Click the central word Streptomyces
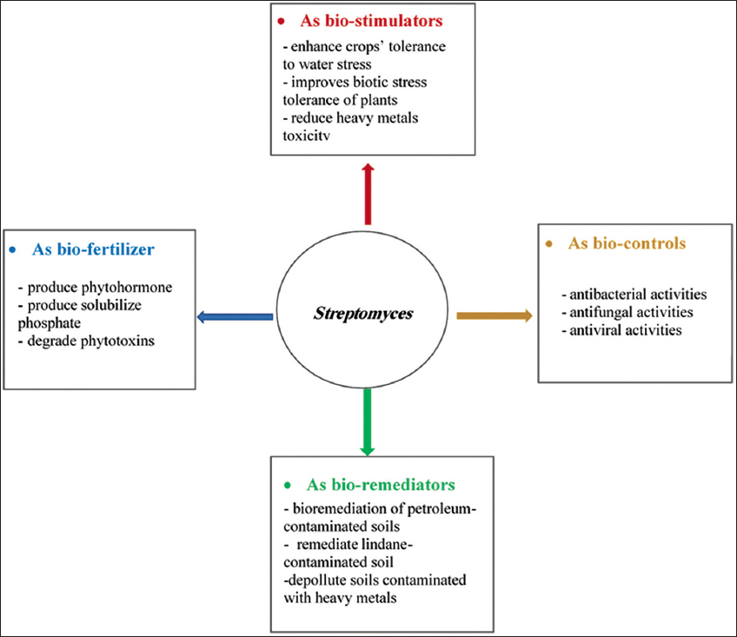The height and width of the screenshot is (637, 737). click(x=363, y=314)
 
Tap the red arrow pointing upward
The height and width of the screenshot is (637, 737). click(x=368, y=194)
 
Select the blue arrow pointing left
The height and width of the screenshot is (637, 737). click(x=235, y=317)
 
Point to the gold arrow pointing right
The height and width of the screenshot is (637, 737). click(x=495, y=315)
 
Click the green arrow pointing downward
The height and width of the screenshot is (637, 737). click(x=367, y=422)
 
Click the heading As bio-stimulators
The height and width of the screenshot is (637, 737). click(x=371, y=21)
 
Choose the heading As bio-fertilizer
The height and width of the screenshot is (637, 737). click(x=93, y=249)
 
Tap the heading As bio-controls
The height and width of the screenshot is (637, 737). click(x=627, y=243)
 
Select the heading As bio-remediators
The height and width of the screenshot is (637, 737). click(x=381, y=484)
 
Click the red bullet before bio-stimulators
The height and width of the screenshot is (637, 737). click(x=281, y=21)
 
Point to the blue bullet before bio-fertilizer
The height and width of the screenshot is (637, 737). click(x=13, y=249)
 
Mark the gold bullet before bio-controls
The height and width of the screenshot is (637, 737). click(x=549, y=243)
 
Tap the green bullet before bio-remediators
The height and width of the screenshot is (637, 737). click(x=288, y=485)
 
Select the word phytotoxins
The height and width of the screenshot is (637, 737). click(x=117, y=341)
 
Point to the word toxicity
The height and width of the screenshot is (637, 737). click(x=307, y=136)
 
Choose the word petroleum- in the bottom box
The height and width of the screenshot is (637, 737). click(x=442, y=509)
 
